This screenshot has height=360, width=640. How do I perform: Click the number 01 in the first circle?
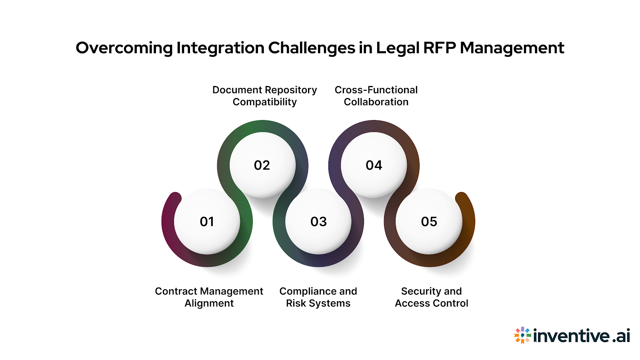(x=207, y=222)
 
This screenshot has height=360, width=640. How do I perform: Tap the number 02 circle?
(x=262, y=165)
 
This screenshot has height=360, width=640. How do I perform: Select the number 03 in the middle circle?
(x=318, y=222)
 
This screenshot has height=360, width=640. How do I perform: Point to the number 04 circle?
(x=374, y=165)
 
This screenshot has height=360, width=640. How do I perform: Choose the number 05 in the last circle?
(x=429, y=222)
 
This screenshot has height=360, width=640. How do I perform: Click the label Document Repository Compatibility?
(x=264, y=96)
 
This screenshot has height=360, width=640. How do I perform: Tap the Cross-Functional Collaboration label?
(x=376, y=96)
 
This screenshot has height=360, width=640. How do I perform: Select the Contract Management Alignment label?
(x=209, y=297)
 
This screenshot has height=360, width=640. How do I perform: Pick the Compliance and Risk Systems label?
(x=318, y=297)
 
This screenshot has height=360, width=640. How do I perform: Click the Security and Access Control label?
(x=431, y=297)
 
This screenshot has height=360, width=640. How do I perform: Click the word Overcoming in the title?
(x=124, y=48)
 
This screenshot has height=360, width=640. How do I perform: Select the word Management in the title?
(x=512, y=48)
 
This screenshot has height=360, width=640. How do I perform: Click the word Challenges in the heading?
(x=311, y=48)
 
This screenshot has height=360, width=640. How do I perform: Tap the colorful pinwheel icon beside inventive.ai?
(x=522, y=335)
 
